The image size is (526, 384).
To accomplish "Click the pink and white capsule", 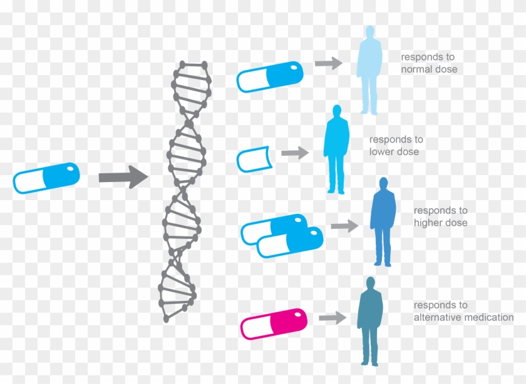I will [x=274, y=324].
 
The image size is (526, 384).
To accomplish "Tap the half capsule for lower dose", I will [x=254, y=159].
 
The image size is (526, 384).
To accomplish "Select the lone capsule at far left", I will [x=46, y=178].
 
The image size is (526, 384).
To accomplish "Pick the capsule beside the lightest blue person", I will [x=270, y=77].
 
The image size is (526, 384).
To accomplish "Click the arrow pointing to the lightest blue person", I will [x=328, y=63].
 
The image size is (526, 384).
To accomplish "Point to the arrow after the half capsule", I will [x=295, y=153].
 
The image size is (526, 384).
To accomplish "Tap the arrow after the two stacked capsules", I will [x=344, y=226].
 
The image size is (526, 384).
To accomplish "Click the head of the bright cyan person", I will [x=337, y=111].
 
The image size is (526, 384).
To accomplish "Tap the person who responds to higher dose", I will [x=383, y=222].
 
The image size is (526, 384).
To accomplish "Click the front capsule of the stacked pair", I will [x=290, y=242].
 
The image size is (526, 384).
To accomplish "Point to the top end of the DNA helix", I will [x=192, y=65].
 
